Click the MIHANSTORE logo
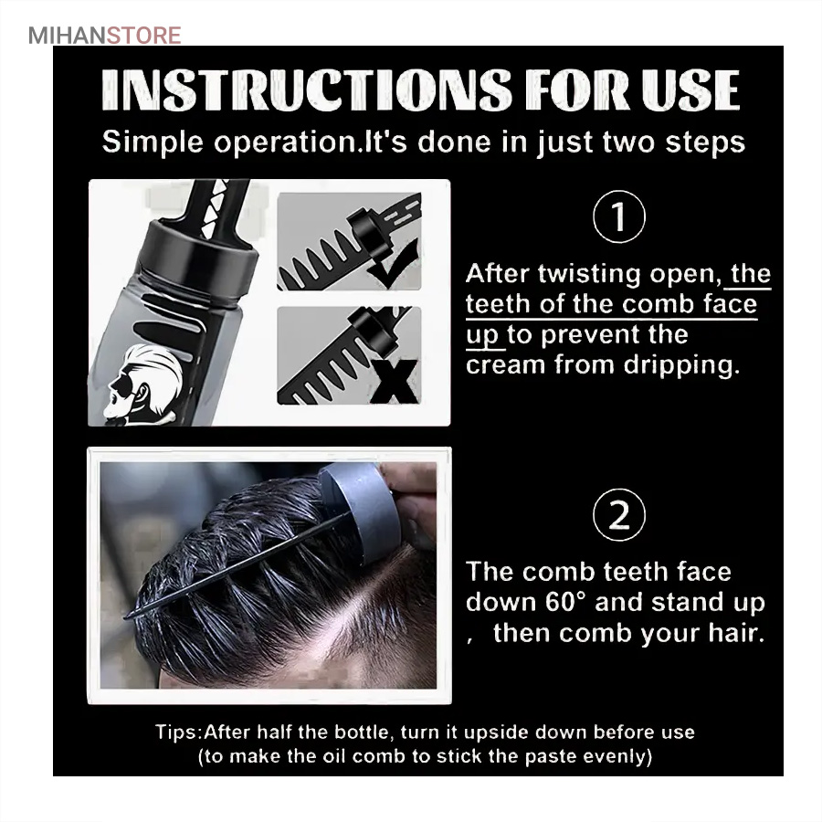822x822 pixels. click(105, 36)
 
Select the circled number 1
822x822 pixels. click(619, 216)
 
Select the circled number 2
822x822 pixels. click(619, 515)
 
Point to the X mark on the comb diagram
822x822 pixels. click(395, 381)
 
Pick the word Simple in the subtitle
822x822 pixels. click(153, 143)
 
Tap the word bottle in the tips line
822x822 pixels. click(364, 732)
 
